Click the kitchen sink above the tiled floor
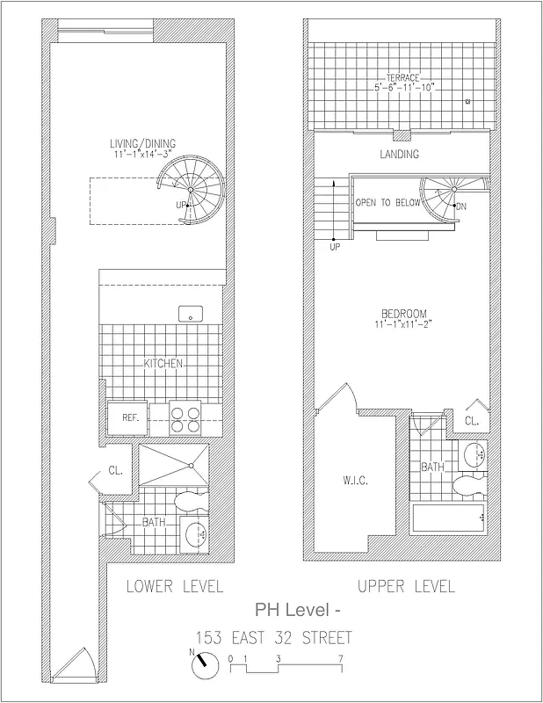point(187,313)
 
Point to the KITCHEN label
point(163,363)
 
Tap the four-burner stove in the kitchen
point(185,419)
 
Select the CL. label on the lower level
point(115,470)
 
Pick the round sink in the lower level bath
point(194,533)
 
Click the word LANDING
point(398,154)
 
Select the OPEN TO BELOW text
point(387,202)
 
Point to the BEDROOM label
point(403,314)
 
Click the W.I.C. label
point(354,481)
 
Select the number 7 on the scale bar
point(339,657)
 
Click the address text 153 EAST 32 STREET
point(273,637)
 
